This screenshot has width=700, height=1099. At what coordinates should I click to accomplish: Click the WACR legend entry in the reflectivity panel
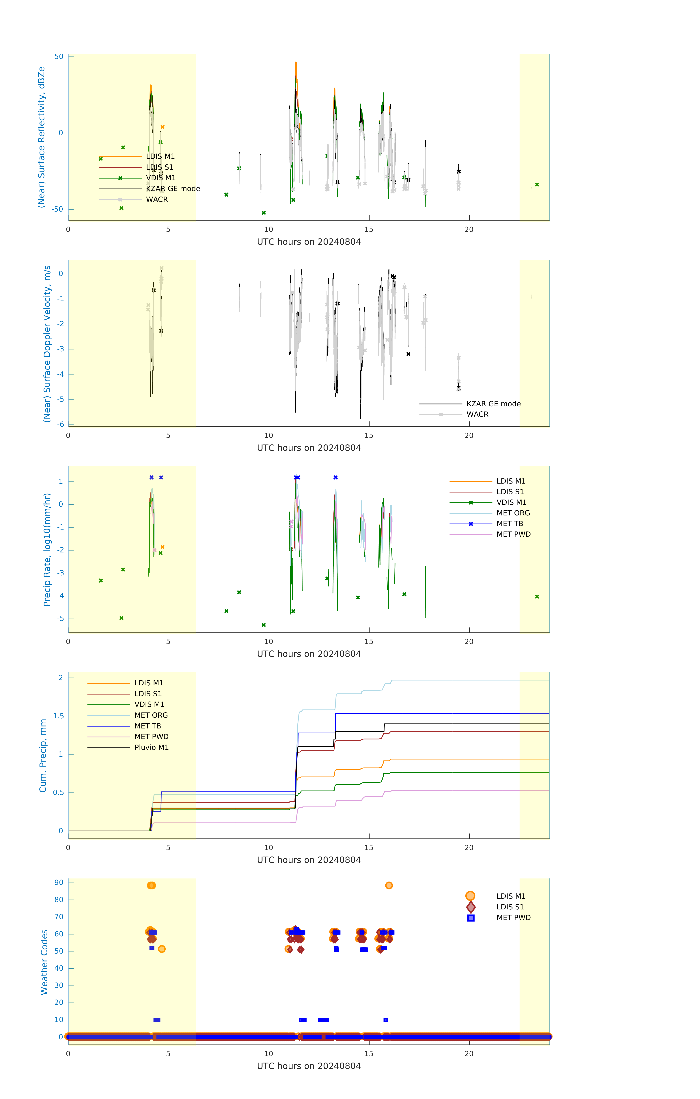(157, 199)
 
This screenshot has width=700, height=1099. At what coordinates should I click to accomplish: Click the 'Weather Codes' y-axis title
(44, 962)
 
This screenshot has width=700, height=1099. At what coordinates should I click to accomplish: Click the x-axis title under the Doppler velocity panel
(309, 448)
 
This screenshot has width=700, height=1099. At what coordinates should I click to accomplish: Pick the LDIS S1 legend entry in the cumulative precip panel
(148, 694)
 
